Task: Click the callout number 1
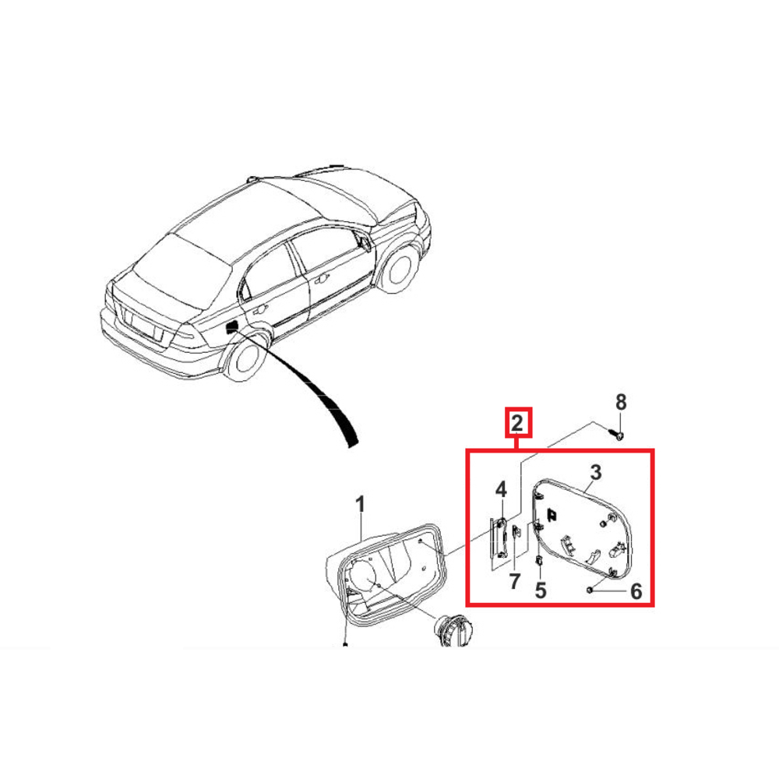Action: [360, 505]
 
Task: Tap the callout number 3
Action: [595, 473]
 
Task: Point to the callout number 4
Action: [501, 489]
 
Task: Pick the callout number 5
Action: [541, 590]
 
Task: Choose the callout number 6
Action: [636, 591]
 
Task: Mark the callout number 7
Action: [514, 581]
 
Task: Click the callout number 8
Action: [621, 402]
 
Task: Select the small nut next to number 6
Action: [590, 589]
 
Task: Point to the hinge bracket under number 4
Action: [501, 538]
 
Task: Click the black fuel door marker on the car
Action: [231, 326]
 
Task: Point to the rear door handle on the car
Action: [259, 311]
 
